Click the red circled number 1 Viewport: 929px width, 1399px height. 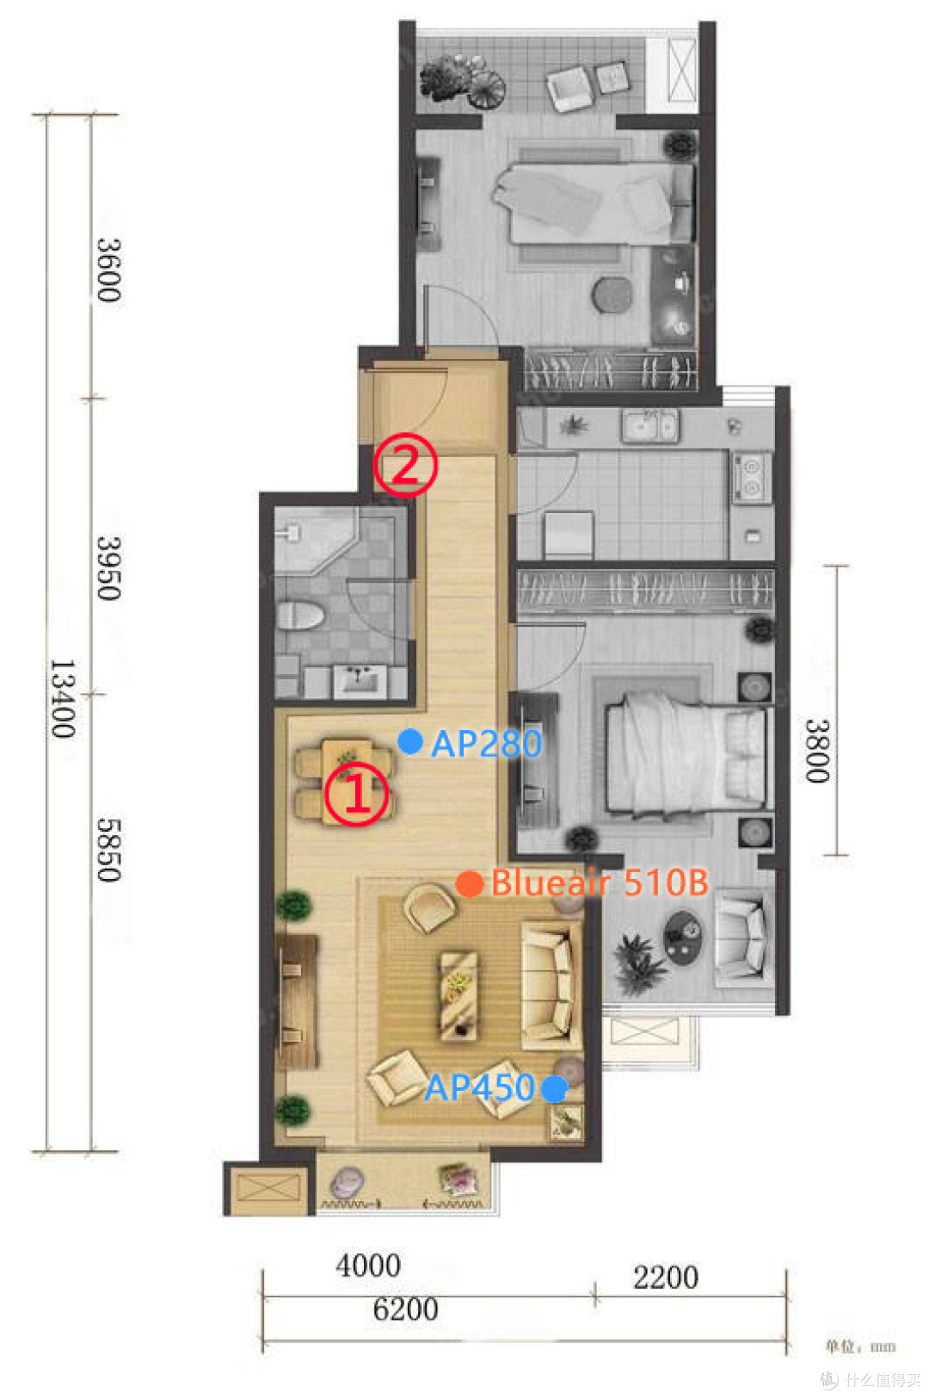pyautogui.click(x=356, y=793)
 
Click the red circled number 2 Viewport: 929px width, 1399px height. pyautogui.click(x=405, y=465)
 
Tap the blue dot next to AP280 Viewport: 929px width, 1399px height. pyautogui.click(x=410, y=741)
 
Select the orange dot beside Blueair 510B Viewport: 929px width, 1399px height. pyautogui.click(x=469, y=884)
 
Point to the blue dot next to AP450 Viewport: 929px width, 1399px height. pyautogui.click(x=553, y=1088)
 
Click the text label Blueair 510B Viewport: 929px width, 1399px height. pyautogui.click(x=600, y=882)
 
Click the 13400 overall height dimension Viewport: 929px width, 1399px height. pyautogui.click(x=63, y=699)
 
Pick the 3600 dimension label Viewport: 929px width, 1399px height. pyautogui.click(x=108, y=270)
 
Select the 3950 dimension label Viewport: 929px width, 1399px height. pyautogui.click(x=108, y=567)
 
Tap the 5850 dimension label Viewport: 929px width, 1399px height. pyautogui.click(x=108, y=850)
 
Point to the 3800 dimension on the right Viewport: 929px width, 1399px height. pyautogui.click(x=816, y=751)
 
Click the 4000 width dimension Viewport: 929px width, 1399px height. pyautogui.click(x=368, y=1266)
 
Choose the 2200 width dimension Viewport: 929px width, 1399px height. pyautogui.click(x=665, y=1278)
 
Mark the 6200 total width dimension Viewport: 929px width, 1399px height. pyautogui.click(x=405, y=1309)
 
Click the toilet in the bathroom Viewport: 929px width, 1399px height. pyautogui.click(x=299, y=616)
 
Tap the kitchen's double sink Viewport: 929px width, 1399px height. pyautogui.click(x=649, y=425)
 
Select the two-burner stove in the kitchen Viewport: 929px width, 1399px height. pyautogui.click(x=751, y=477)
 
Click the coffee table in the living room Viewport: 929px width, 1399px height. pyautogui.click(x=459, y=996)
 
